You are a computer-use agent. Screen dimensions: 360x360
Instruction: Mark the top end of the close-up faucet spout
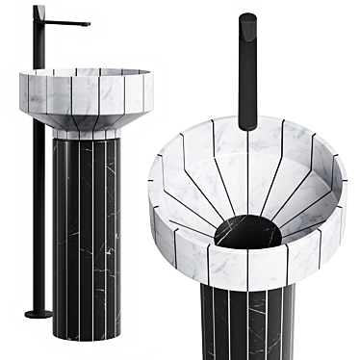248,18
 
